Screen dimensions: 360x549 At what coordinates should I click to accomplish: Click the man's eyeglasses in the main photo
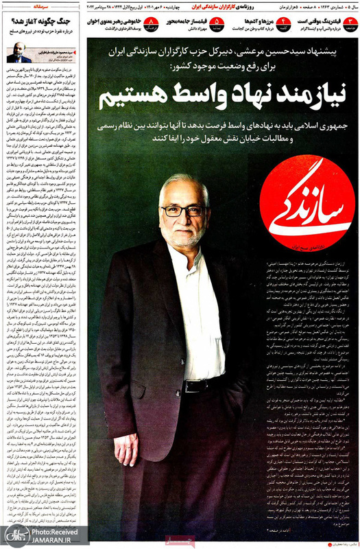click(x=183, y=210)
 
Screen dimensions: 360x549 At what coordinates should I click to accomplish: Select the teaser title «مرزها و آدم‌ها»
click(x=249, y=21)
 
